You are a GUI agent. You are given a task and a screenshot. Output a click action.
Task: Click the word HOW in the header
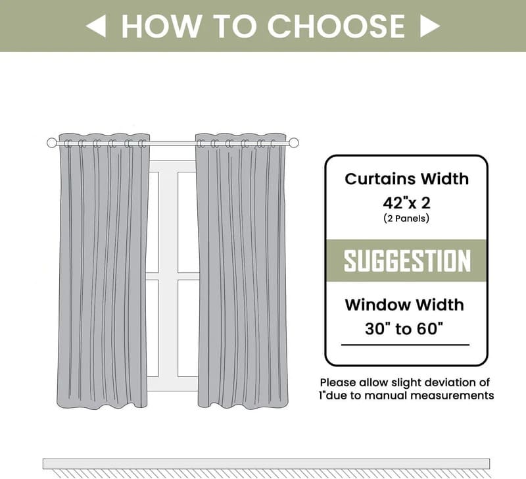161,26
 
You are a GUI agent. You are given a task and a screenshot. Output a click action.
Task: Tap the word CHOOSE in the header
336,26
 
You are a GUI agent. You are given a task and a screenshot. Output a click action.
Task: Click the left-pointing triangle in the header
96,26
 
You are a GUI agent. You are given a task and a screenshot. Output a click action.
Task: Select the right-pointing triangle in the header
430,26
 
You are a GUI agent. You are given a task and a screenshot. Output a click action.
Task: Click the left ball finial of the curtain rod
52,143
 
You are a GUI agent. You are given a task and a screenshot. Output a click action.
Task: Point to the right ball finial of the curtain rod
293,143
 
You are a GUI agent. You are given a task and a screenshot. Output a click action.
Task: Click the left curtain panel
103,270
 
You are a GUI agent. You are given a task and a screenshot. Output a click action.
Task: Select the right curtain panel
242,270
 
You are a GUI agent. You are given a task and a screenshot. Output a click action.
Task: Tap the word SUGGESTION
407,261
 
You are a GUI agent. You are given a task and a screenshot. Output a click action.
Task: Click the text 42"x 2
406,203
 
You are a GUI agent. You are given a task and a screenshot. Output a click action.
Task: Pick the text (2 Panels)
406,218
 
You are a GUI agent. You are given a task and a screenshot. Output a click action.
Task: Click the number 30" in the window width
379,328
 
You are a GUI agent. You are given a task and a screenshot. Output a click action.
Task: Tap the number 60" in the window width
429,328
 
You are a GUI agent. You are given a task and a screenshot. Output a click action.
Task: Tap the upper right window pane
187,222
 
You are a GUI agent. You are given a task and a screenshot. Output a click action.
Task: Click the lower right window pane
188,328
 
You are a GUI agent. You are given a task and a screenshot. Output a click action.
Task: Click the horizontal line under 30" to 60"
405,345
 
